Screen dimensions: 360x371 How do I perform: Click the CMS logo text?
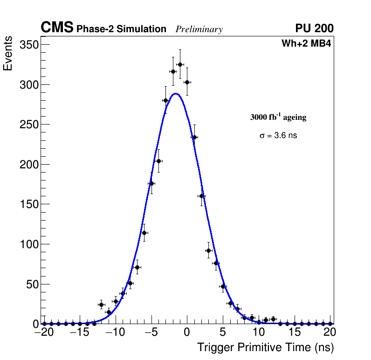coord(57,28)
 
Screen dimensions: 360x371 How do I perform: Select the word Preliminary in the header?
coord(199,29)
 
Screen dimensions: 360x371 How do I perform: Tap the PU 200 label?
coord(314,28)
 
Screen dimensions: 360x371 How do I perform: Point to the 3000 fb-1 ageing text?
coord(278,117)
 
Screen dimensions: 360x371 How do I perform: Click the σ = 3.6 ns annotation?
coord(278,136)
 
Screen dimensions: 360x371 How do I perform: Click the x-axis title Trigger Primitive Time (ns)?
coord(265,347)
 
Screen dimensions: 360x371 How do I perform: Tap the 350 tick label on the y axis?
coord(29,45)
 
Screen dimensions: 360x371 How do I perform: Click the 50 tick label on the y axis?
coord(32,284)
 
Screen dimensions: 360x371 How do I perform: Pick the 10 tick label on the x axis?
coord(259,333)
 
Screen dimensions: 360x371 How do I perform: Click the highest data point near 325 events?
coord(180,64)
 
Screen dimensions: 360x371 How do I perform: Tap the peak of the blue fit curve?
coord(175,93)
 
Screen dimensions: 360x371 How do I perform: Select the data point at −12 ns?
coord(101,305)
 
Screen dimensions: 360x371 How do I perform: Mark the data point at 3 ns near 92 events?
coord(208,250)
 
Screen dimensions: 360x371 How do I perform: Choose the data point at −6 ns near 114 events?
coord(144,233)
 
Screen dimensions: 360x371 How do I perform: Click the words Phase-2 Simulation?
coord(121,29)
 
